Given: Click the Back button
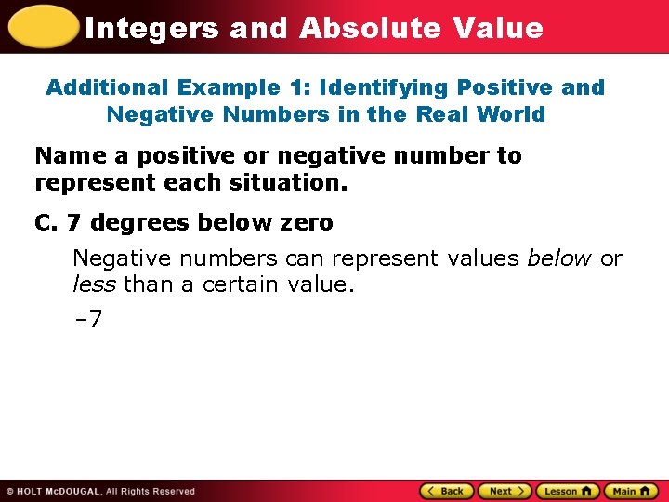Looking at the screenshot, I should pos(447,491).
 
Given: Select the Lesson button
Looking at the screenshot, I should pos(567,491).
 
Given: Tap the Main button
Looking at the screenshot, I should pos(630,491).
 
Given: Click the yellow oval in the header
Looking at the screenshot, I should pos(41,26).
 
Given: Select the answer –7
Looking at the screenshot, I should pos(87,320).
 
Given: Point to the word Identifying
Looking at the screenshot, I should pos(390,87).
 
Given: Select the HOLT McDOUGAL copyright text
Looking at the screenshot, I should pos(100,491).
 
